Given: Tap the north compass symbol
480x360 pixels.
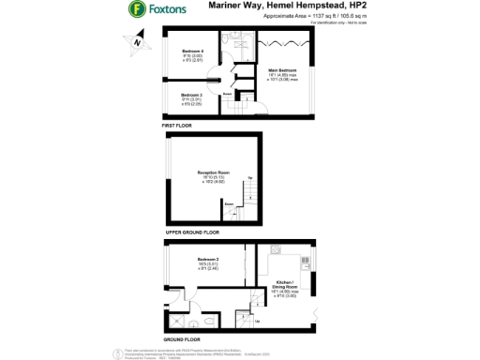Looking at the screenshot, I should [x=137, y=40].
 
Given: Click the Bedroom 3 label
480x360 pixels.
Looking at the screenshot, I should [x=192, y=97].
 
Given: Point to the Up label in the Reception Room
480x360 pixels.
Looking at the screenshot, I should [x=249, y=178].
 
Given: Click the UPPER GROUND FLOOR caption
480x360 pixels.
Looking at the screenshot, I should [x=192, y=231].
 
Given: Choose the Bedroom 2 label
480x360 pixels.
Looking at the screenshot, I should [x=208, y=262].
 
